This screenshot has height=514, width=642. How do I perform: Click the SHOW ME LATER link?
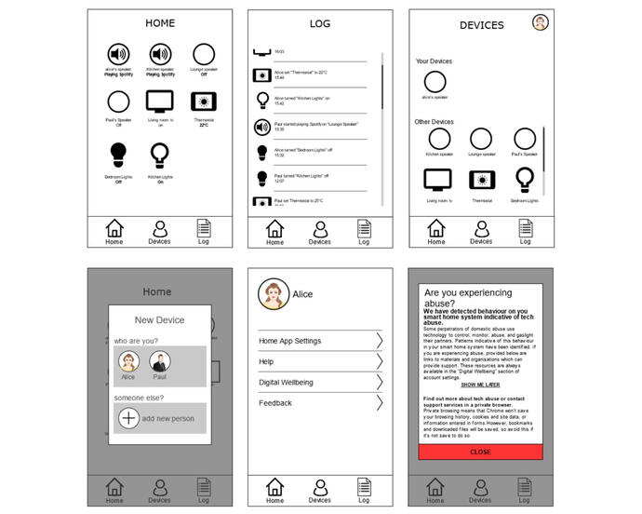point(480,385)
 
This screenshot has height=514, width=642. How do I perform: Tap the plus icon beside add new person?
point(129,418)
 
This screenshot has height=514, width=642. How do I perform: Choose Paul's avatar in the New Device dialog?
point(160,362)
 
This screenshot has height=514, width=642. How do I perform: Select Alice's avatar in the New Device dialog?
point(128,362)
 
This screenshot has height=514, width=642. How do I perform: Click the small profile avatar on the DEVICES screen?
point(540,23)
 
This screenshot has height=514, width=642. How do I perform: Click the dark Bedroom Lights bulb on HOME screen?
point(118,153)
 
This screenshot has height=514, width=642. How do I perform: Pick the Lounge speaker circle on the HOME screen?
point(204,54)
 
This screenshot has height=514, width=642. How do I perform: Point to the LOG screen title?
point(319,22)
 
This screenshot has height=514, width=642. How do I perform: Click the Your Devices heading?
point(434,61)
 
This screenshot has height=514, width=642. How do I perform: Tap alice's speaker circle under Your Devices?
point(435,81)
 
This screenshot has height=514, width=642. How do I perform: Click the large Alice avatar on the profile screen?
point(272,293)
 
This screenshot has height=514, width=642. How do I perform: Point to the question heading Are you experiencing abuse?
point(467,297)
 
